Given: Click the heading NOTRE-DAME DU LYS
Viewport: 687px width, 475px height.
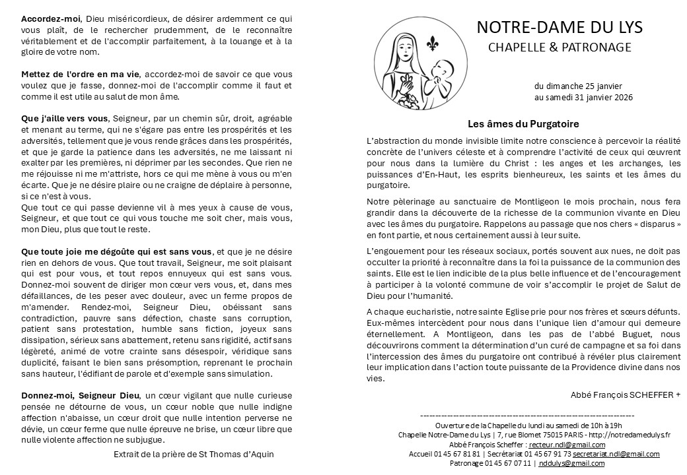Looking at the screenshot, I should pyautogui.click(x=559, y=27).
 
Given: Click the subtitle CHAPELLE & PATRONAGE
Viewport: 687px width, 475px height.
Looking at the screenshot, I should pyautogui.click(x=560, y=47).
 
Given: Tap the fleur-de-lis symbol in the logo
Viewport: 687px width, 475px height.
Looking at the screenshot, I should pyautogui.click(x=433, y=44).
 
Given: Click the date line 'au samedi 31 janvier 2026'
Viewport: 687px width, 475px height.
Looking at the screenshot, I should pyautogui.click(x=583, y=98).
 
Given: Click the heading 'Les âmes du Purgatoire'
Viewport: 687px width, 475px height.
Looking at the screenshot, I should pyautogui.click(x=523, y=123).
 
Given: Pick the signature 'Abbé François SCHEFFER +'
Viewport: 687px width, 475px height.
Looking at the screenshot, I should pyautogui.click(x=625, y=395).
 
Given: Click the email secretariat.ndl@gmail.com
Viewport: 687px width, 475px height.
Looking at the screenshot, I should pyautogui.click(x=616, y=454).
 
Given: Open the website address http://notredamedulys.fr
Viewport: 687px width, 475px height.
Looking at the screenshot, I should pyautogui.click(x=629, y=435).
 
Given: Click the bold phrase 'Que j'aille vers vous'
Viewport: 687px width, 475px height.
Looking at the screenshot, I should pyautogui.click(x=65, y=119).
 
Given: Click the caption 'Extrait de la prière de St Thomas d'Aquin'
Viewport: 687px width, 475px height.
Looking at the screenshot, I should pyautogui.click(x=194, y=454).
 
